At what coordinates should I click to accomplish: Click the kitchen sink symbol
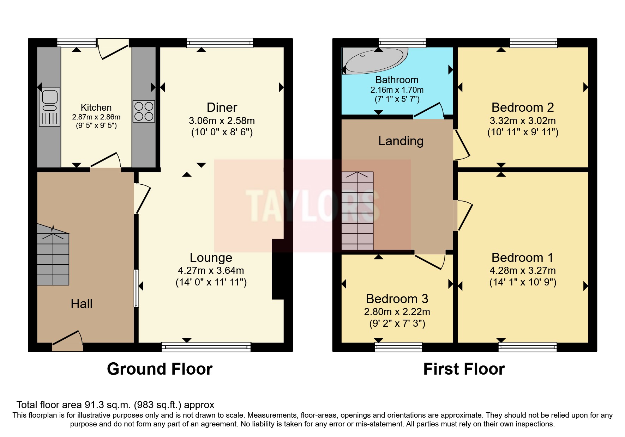coord(49,107)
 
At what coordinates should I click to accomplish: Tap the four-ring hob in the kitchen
coord(144,111)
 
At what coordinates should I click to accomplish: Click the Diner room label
coord(222,107)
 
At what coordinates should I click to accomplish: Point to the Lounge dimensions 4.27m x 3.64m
coord(211,271)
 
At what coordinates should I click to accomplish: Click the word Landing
coord(401,141)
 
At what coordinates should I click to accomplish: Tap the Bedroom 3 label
coord(397,299)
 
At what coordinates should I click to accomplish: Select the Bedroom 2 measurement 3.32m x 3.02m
coord(522,121)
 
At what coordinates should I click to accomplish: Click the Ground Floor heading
coord(160,369)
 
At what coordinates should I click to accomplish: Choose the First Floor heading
coord(464,369)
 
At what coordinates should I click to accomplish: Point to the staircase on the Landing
coord(357,211)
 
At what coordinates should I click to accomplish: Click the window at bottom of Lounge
coord(206,347)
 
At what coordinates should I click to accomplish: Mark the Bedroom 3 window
coord(398,347)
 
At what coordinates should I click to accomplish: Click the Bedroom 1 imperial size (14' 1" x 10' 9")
coord(522,282)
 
